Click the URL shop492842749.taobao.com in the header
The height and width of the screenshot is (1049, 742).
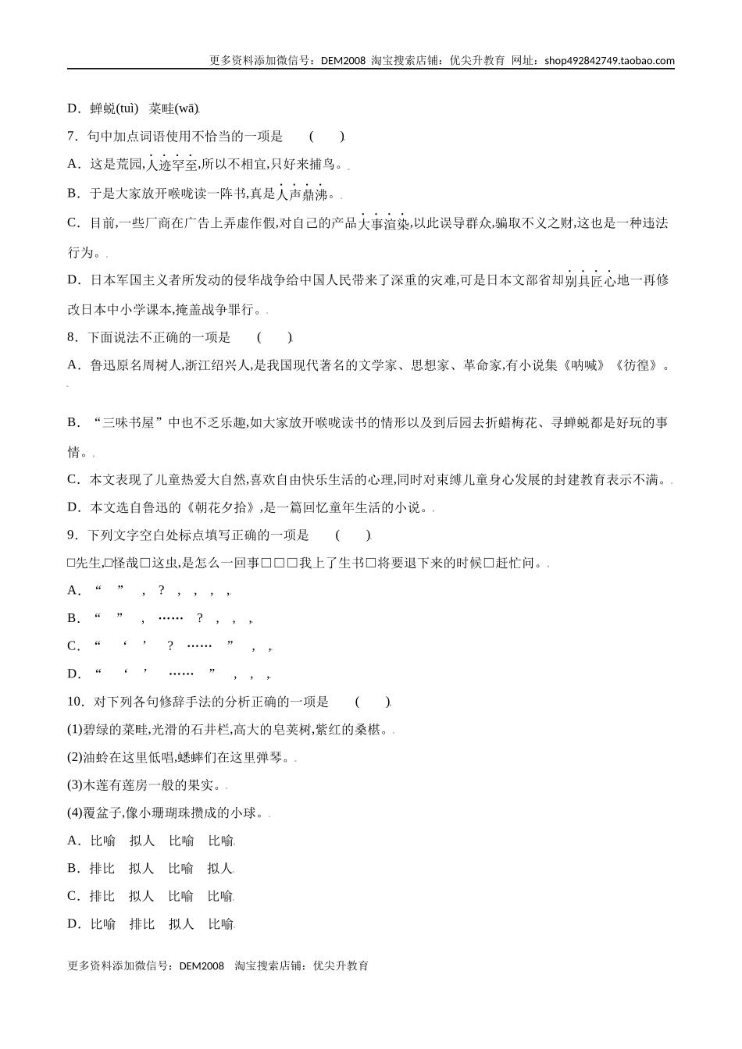(x=609, y=61)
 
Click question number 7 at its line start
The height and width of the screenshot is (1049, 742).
(x=72, y=137)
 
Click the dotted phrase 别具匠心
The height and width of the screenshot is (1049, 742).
(x=589, y=281)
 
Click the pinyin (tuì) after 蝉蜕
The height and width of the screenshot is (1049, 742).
(x=127, y=108)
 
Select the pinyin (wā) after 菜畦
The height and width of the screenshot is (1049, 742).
(x=187, y=108)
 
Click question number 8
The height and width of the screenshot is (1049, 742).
(x=72, y=338)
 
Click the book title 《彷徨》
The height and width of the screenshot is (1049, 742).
(x=637, y=365)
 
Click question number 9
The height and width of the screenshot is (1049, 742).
(x=72, y=535)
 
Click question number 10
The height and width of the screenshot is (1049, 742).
(x=75, y=702)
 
